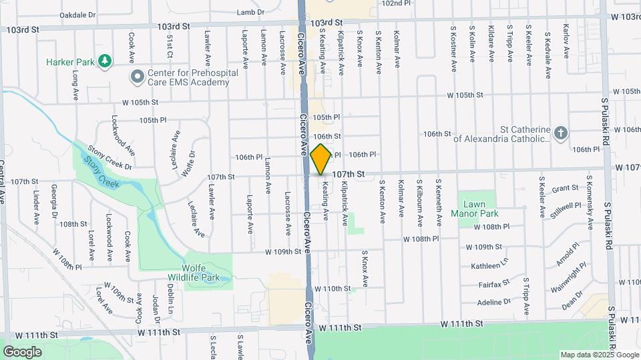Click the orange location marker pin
(320, 159)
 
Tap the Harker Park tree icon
(104, 62)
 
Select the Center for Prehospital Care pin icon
(138, 77)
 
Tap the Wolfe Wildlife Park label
(208, 271)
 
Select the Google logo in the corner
(22, 351)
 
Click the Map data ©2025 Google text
(599, 355)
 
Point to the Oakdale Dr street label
(78, 14)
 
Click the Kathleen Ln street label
(489, 265)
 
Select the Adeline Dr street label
(494, 301)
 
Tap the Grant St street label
(564, 189)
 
